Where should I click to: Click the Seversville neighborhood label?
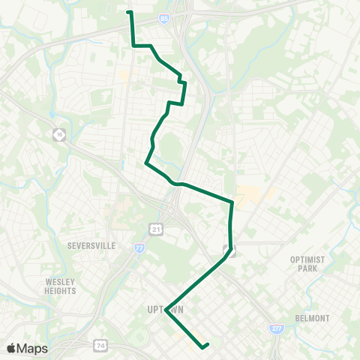click(x=89, y=244)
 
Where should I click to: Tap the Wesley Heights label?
click(x=61, y=286)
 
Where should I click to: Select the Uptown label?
click(x=166, y=309)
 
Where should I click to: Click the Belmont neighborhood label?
click(x=313, y=318)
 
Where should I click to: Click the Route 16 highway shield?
click(x=59, y=134)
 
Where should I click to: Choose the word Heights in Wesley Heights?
click(x=61, y=290)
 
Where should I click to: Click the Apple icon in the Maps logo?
click(x=11, y=348)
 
